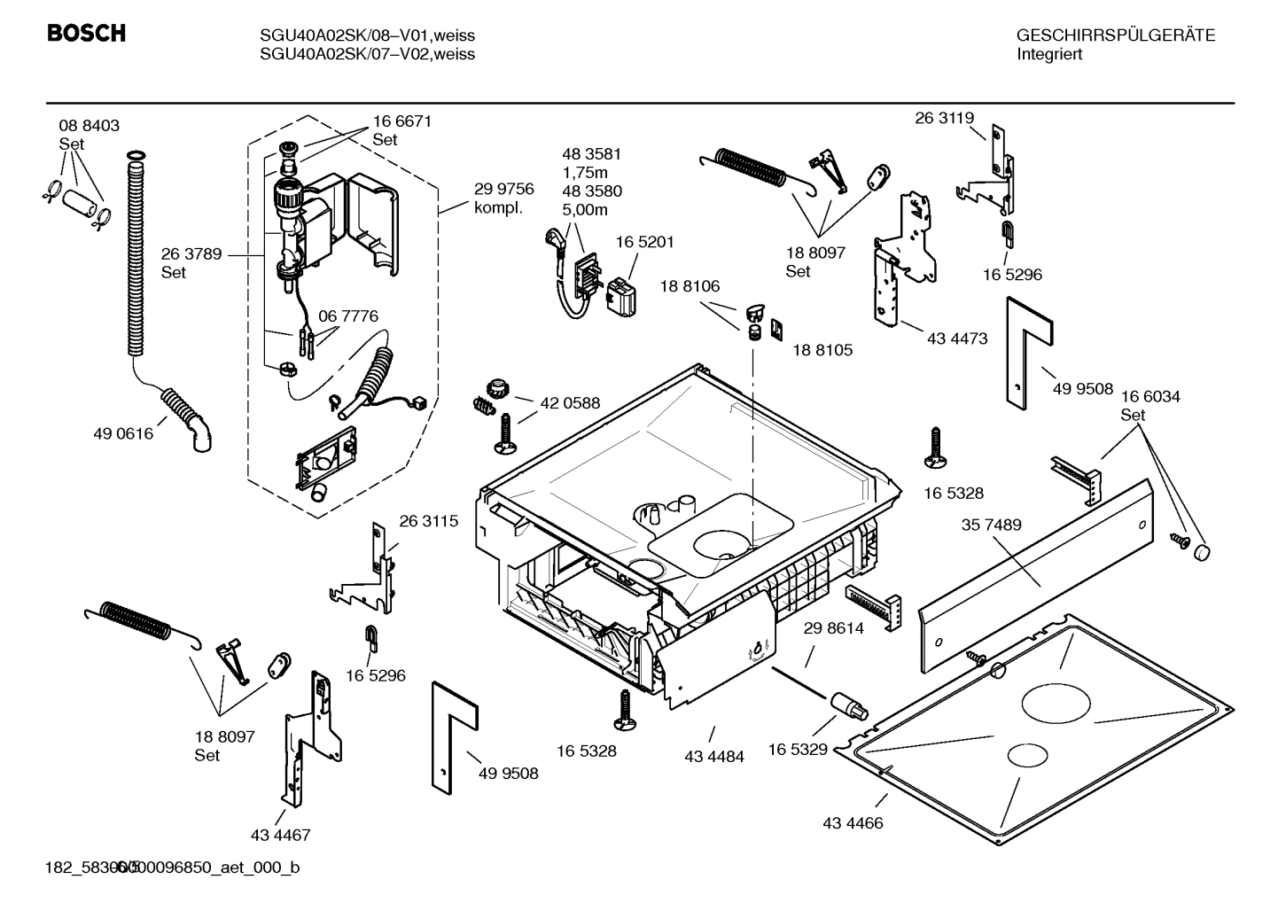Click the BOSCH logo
[86, 34]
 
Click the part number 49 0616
[123, 434]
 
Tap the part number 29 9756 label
[503, 189]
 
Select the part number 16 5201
[645, 243]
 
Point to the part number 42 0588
[570, 403]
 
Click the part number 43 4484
[714, 757]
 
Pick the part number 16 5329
[798, 750]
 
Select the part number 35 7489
[992, 525]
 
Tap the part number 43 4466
[853, 823]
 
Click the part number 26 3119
[945, 118]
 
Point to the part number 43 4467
[280, 835]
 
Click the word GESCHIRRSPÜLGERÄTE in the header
[1116, 35]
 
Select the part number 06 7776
[348, 316]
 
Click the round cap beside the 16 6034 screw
[1201, 552]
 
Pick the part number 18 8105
[822, 350]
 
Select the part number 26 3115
[429, 521]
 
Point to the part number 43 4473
[957, 339]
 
